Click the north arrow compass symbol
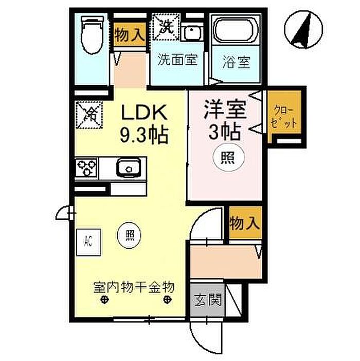303,29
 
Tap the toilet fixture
91,35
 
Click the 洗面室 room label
177,60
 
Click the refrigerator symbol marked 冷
89,114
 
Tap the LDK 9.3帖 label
144,124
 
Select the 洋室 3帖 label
225,120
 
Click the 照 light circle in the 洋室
228,158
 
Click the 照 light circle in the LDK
129,235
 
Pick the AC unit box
88,242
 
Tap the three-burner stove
86,168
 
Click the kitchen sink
128,168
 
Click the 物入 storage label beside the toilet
130,35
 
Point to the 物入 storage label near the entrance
245,222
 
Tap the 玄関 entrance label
208,300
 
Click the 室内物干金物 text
134,287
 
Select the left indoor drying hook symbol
104,300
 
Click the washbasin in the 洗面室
192,32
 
